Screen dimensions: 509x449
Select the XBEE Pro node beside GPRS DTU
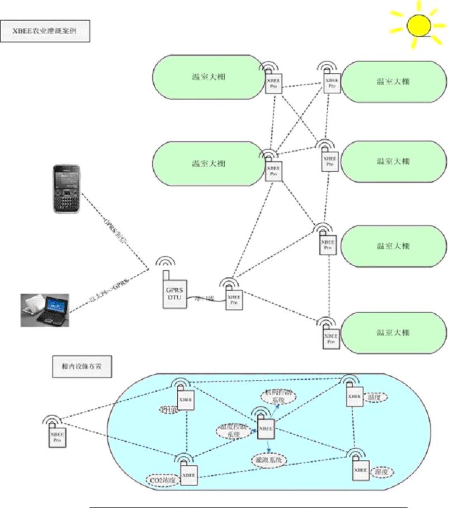tap(234, 300)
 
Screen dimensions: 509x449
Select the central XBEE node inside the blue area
tap(266, 428)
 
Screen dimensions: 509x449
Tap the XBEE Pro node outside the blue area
tap(56, 437)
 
